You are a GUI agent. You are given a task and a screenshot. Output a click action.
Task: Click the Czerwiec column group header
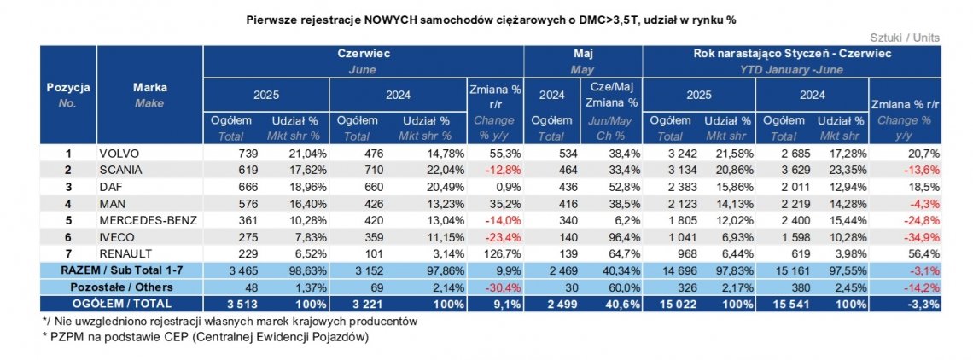coord(362,53)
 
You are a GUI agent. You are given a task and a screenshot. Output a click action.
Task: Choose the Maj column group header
coord(581,53)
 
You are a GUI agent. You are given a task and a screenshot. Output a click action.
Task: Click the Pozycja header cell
coord(67,87)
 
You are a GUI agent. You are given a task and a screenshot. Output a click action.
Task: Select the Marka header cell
coord(149,87)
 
